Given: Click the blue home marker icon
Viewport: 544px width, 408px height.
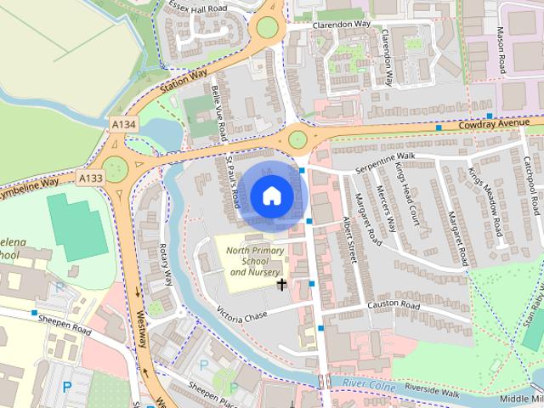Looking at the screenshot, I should pos(270,195).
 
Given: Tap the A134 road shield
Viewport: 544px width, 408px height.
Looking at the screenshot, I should pos(123,125).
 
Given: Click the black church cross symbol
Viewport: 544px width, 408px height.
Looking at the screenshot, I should pos(282,284).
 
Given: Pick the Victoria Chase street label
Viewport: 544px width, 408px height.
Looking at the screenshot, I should pos(242,315).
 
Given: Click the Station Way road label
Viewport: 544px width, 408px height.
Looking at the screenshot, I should pos(184,82).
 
